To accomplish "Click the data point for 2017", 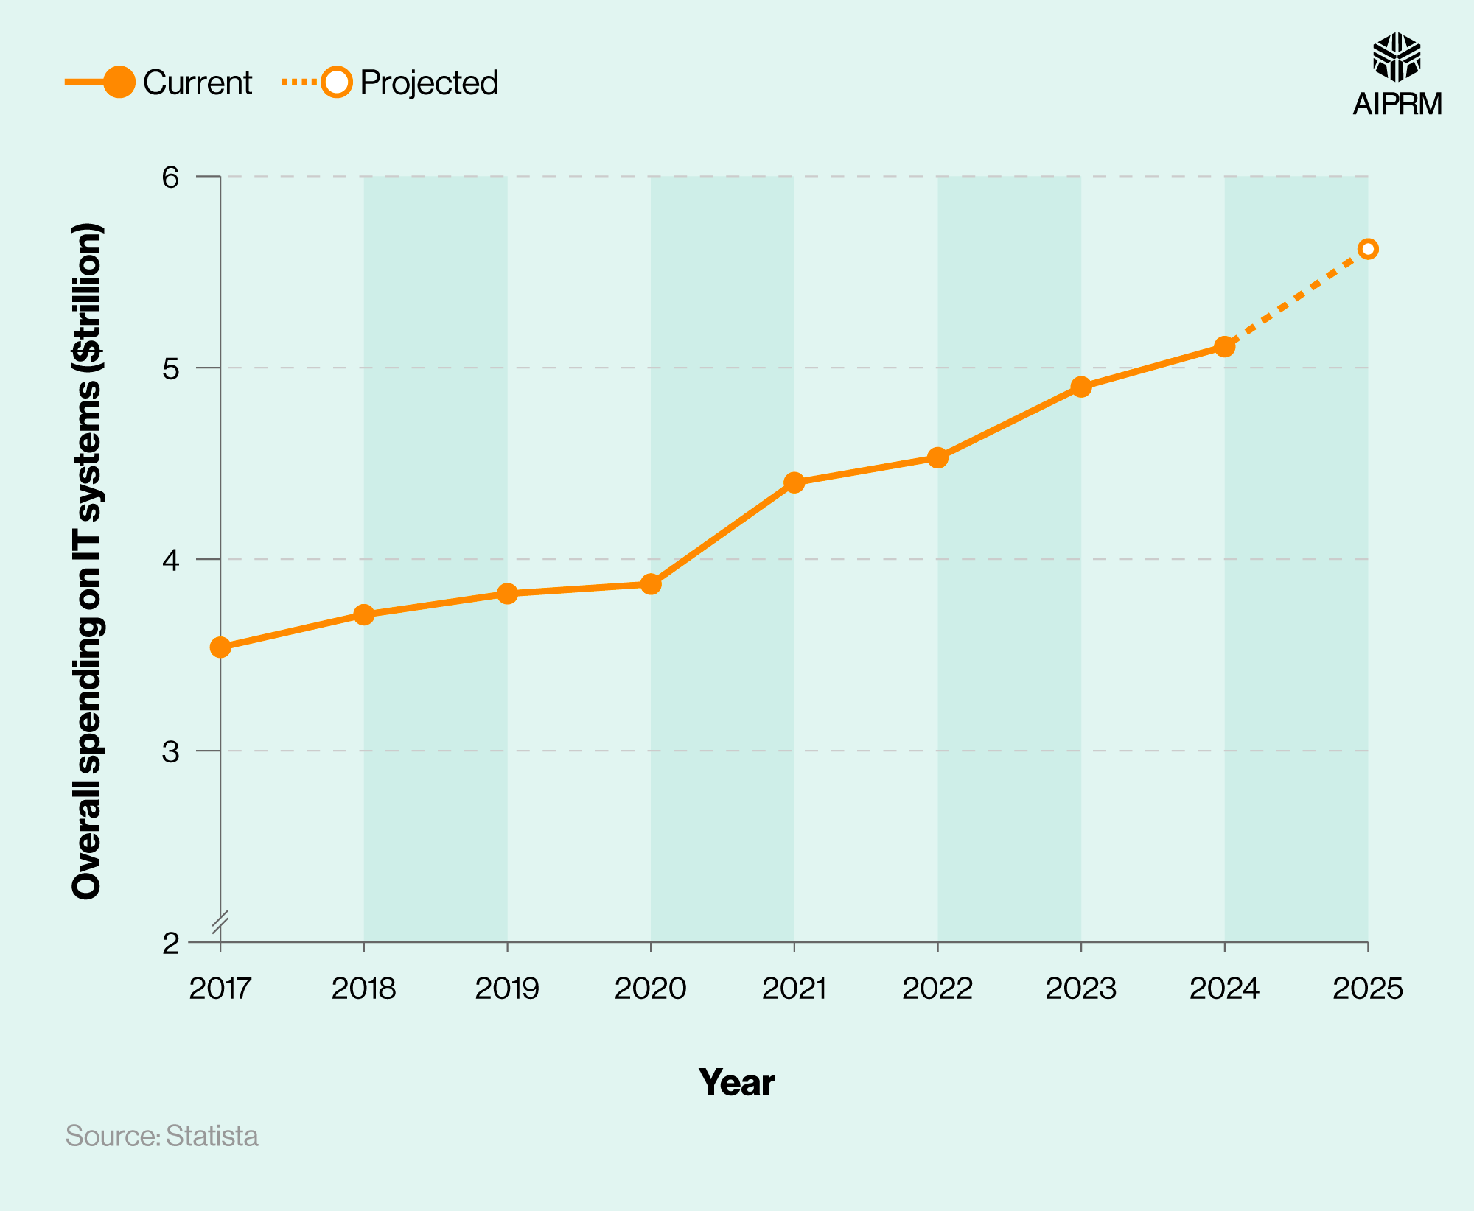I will click(x=220, y=647).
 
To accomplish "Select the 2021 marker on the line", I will click(x=794, y=483).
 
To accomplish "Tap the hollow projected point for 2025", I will click(x=1368, y=249).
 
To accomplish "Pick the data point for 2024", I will click(x=1224, y=346).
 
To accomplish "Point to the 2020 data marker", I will click(x=651, y=584).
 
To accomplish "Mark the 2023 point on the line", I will click(x=1081, y=387).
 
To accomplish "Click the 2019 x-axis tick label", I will click(x=507, y=989).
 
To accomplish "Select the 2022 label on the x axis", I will click(x=937, y=989).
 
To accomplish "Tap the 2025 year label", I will click(x=1368, y=989).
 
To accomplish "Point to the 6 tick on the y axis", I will click(x=171, y=178).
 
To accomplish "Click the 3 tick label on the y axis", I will click(x=171, y=751).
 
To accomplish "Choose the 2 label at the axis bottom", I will click(x=171, y=943).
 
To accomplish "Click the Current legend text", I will click(x=198, y=83).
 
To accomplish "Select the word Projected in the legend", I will click(x=429, y=83).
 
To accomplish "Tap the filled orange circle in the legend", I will click(x=119, y=82).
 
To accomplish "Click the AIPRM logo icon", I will click(x=1397, y=57).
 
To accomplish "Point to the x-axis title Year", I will click(x=736, y=1082).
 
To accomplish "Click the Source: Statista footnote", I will click(x=162, y=1136).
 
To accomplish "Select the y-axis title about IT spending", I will click(x=87, y=560).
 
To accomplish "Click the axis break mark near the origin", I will click(x=220, y=922).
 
